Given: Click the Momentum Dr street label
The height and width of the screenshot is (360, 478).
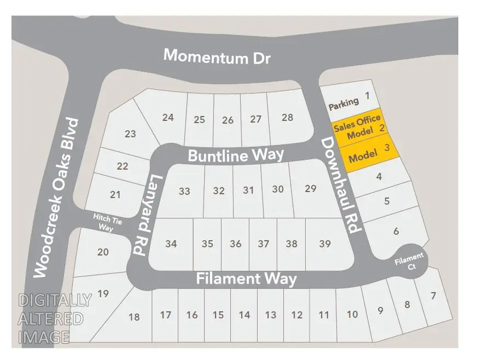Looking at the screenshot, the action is tap(217, 57).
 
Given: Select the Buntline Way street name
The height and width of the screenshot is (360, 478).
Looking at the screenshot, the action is tap(236, 155).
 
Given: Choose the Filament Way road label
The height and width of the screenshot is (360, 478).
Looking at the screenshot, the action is tap(246, 278).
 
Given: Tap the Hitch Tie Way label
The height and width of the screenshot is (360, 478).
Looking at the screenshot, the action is tap(104, 223).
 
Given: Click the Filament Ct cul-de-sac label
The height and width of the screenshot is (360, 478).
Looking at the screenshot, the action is tap(410, 260).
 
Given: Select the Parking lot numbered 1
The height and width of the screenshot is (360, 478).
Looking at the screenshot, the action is tap(350, 100).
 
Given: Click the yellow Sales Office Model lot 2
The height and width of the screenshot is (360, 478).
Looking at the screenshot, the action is tap(359, 126).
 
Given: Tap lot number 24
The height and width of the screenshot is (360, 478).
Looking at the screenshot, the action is tap(168, 117).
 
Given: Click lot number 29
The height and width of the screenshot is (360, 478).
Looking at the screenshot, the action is tap(311, 189).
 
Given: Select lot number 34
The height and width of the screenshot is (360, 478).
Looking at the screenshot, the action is tap(171, 244).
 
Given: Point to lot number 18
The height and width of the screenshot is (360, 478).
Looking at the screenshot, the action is tap(134, 317).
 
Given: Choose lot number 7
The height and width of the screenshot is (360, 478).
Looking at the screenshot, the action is tap(433, 297).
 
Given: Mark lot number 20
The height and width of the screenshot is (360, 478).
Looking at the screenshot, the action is tap(103, 252).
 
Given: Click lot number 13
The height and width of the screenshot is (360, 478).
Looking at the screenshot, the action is tap(270, 315).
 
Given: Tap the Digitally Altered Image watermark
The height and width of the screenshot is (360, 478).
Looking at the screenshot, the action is tap(55, 318).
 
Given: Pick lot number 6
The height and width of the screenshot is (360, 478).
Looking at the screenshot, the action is tap(396, 231).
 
